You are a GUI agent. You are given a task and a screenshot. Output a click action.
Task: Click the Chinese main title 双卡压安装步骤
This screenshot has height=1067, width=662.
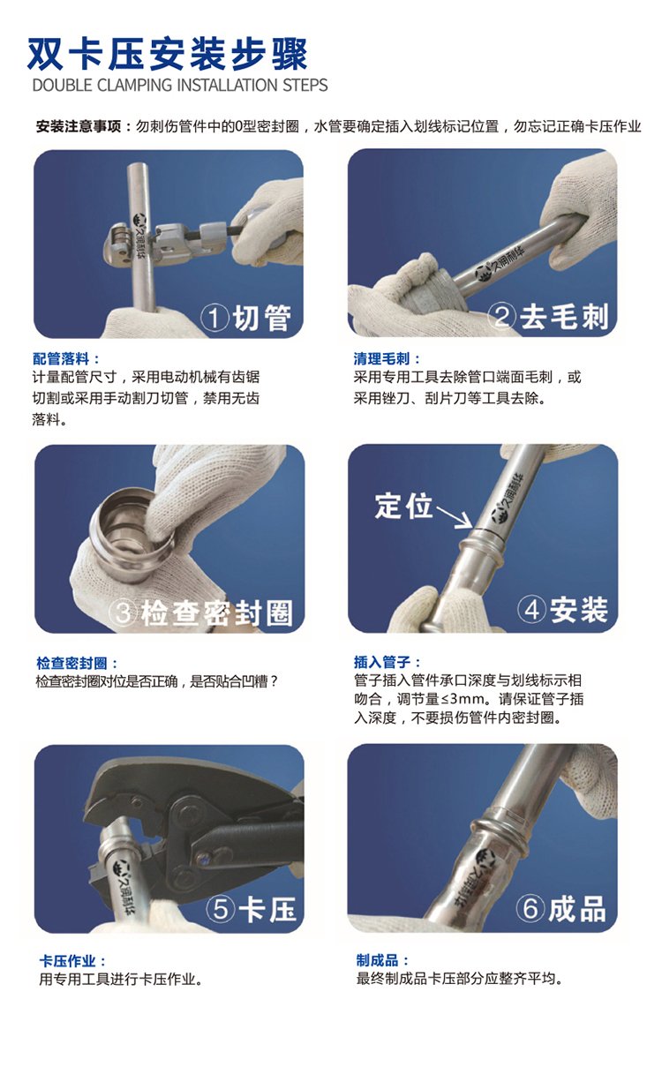click(167, 54)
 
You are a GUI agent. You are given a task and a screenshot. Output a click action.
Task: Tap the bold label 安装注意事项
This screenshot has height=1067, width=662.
click(78, 126)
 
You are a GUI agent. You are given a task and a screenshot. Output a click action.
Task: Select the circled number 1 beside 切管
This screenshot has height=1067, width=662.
click(214, 318)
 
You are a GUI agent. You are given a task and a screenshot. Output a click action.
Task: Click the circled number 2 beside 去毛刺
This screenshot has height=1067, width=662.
click(501, 316)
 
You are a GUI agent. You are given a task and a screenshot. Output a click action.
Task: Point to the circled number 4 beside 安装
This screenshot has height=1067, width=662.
click(531, 610)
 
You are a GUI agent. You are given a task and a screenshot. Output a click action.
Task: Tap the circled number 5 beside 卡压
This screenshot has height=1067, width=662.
click(220, 909)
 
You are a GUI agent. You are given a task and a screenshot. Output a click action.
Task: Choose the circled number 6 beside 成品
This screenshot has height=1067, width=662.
click(530, 908)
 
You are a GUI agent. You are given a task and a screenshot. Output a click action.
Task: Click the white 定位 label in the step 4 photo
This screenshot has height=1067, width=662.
click(403, 506)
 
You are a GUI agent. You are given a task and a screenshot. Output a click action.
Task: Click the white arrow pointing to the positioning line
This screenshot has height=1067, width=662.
click(455, 517)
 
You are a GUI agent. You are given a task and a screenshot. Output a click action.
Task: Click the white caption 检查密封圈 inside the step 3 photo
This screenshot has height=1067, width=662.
click(217, 612)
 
